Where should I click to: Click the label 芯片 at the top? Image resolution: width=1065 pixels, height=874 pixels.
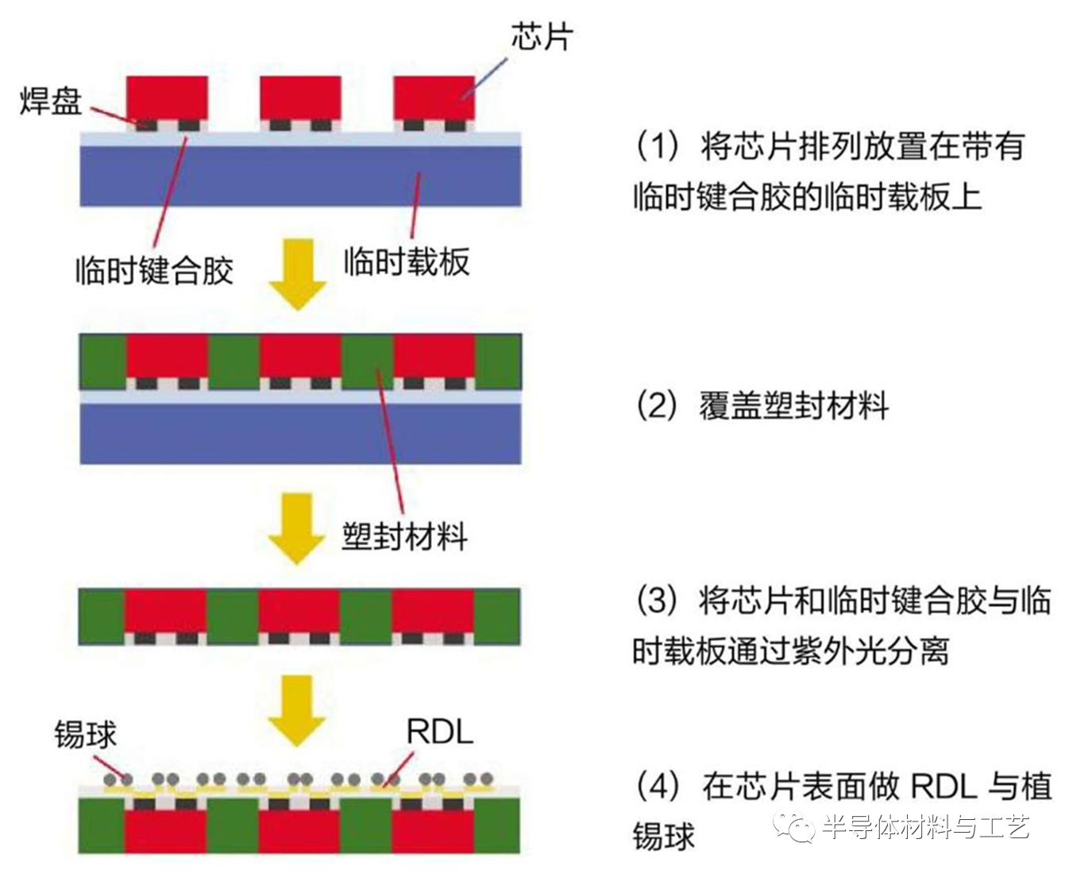(x=542, y=36)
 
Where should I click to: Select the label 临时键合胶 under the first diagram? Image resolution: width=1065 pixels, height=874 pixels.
(x=154, y=270)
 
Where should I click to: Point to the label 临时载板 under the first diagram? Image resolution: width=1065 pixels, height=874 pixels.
(x=406, y=261)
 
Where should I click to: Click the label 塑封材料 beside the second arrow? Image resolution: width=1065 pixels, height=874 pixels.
(x=405, y=536)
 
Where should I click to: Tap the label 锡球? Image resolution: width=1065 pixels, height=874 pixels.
(x=85, y=734)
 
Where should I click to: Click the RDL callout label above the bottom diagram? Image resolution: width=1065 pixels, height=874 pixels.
(x=439, y=732)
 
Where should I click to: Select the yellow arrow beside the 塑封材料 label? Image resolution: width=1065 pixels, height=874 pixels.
(x=298, y=528)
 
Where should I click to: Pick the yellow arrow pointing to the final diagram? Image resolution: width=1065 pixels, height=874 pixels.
(x=298, y=710)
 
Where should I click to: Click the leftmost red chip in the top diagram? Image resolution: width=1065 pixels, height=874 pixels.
(x=168, y=97)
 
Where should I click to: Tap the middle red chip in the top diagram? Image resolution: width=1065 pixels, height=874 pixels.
(x=301, y=97)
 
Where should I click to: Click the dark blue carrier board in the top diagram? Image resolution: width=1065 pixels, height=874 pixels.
(x=300, y=176)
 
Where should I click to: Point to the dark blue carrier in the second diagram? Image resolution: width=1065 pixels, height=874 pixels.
(x=300, y=433)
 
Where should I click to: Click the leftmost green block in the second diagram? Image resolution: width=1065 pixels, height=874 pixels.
(x=103, y=362)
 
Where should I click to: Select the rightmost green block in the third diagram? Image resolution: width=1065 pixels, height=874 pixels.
(x=497, y=616)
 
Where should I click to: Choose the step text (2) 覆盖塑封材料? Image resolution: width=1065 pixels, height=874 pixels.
(x=762, y=406)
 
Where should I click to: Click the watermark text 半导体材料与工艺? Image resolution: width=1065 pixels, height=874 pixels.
(x=925, y=828)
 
